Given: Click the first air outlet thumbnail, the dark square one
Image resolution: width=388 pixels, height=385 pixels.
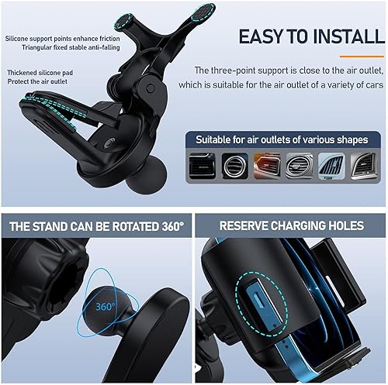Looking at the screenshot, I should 202,166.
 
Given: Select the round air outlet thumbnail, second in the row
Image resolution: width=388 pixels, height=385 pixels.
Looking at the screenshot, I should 234,166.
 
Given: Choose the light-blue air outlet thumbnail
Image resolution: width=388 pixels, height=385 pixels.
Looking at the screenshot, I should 331,166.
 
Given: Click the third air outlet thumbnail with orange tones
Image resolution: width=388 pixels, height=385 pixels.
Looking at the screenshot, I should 266,166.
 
